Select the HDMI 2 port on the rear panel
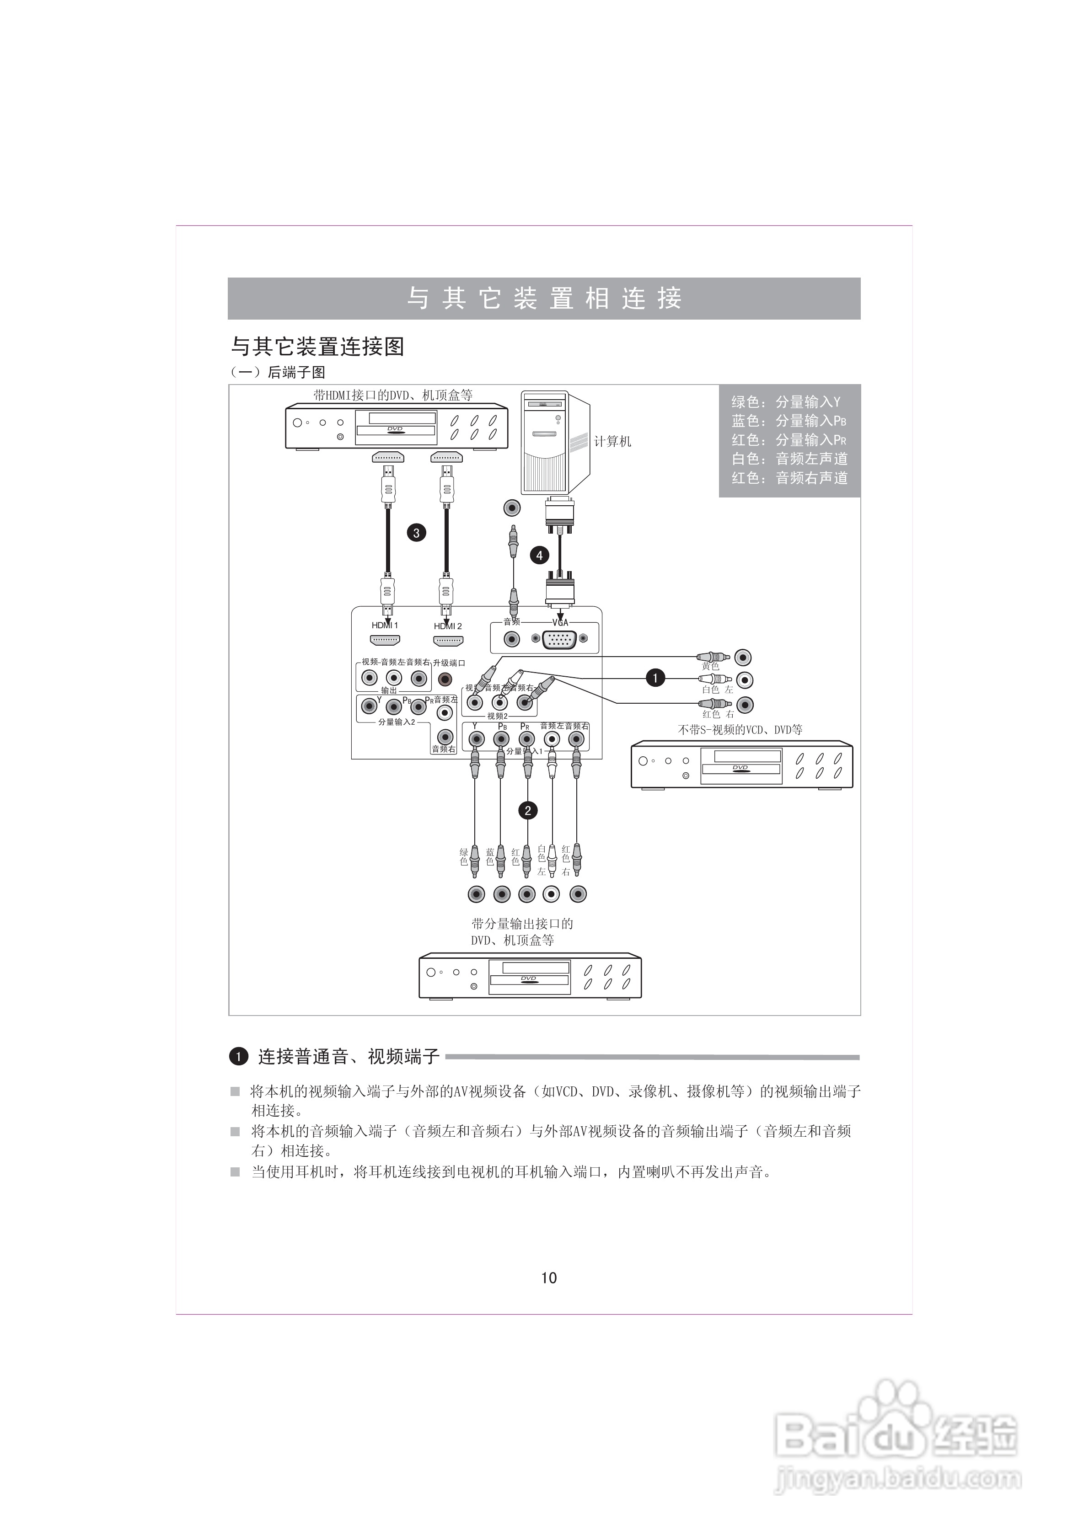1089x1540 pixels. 448,641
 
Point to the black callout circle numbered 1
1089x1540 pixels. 655,678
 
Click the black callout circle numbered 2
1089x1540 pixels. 528,811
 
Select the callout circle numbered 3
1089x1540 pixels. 417,533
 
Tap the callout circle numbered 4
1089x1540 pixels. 539,556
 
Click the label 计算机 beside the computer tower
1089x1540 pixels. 612,441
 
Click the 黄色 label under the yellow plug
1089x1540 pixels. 711,667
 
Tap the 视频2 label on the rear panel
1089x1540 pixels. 497,717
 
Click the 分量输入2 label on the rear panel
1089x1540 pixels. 397,722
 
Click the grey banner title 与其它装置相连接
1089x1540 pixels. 544,299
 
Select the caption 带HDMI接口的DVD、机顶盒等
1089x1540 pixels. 393,395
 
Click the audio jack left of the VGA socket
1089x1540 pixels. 512,639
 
